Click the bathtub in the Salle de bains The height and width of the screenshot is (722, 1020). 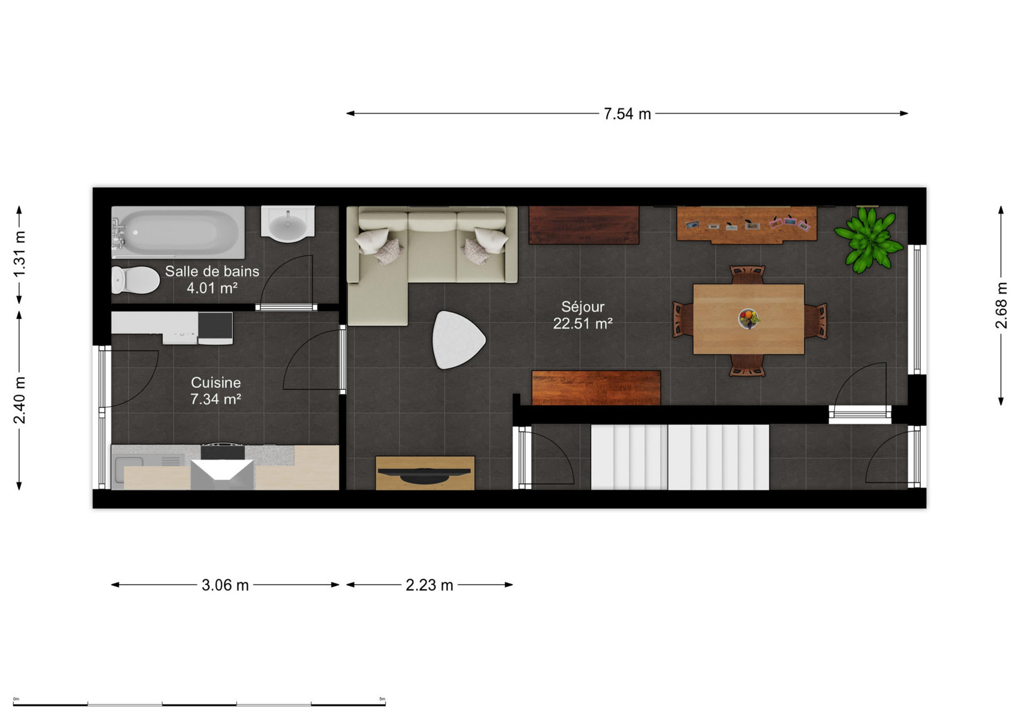point(178,232)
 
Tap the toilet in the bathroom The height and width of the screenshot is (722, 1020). point(135,280)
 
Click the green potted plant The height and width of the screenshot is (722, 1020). point(869,239)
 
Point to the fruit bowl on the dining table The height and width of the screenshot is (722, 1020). point(749,318)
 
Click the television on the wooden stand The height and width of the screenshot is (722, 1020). point(425,474)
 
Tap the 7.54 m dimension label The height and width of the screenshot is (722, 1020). point(627,114)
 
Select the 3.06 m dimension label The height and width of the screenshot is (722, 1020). point(225,585)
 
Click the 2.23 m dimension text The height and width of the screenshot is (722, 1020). point(429,585)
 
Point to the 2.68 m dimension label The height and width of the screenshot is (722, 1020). point(1001,305)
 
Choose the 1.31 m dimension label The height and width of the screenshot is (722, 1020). point(19,254)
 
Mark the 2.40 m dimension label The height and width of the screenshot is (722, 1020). point(19,400)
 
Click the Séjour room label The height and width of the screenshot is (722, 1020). point(582,307)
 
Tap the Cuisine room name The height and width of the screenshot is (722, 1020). point(215,382)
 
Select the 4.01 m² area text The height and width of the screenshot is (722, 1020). point(212,288)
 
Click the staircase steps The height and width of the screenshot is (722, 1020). point(680,457)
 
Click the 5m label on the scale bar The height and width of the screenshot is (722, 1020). point(382,699)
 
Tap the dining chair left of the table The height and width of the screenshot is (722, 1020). point(683,319)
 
